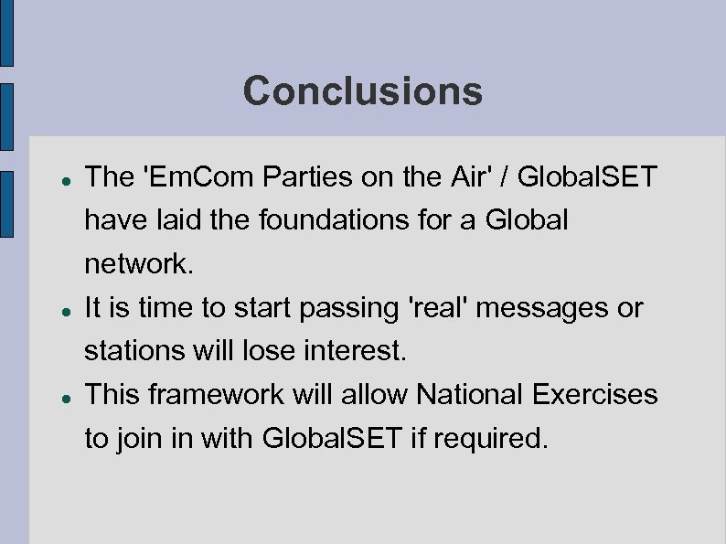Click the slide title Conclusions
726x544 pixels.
362,91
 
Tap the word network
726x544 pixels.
139,264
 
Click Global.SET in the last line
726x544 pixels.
331,439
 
